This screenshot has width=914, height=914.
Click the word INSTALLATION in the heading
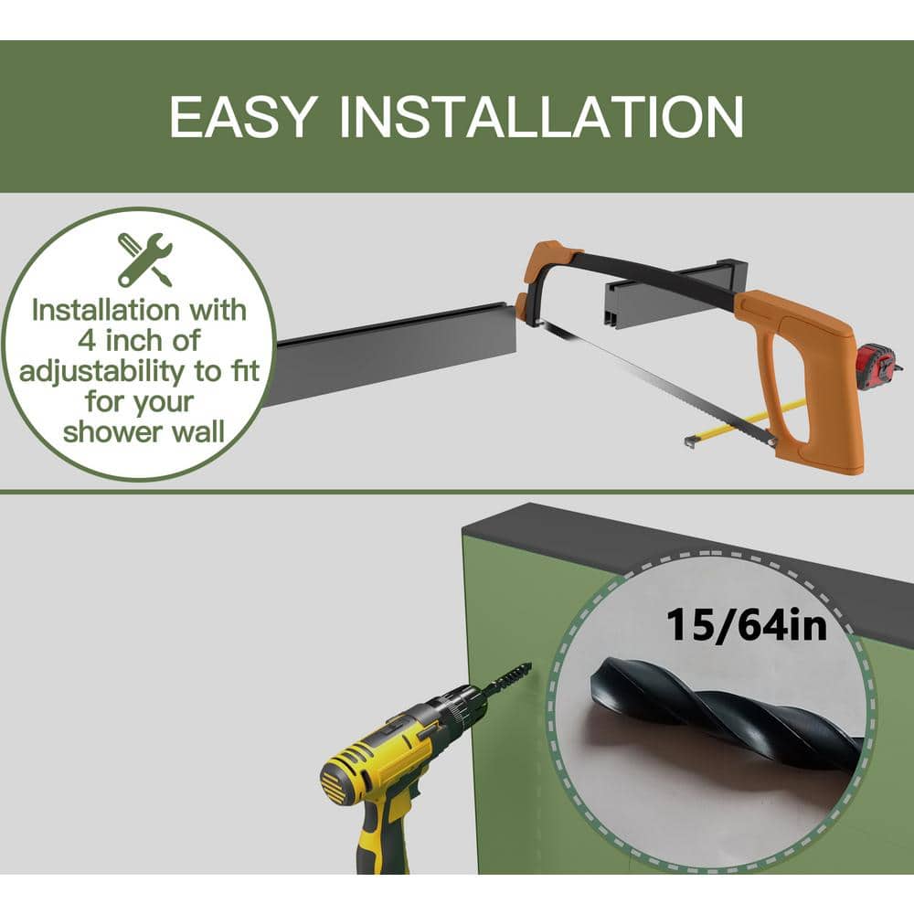pyautogui.click(x=541, y=117)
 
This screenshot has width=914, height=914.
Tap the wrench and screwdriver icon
pyautogui.click(x=144, y=260)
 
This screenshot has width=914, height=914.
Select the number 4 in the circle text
pyautogui.click(x=87, y=340)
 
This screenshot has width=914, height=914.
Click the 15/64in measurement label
pyautogui.click(x=746, y=625)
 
